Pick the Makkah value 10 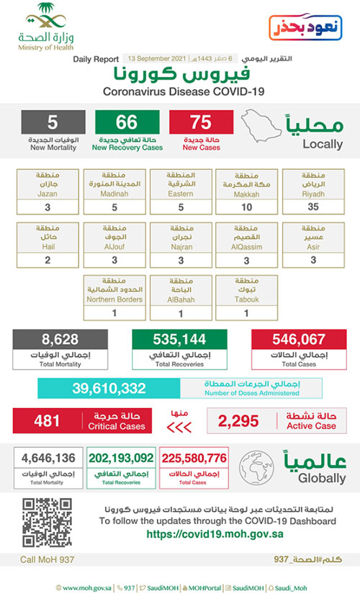(x=246, y=207)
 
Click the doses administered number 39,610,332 (x=109, y=389)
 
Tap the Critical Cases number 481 (x=48, y=420)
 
